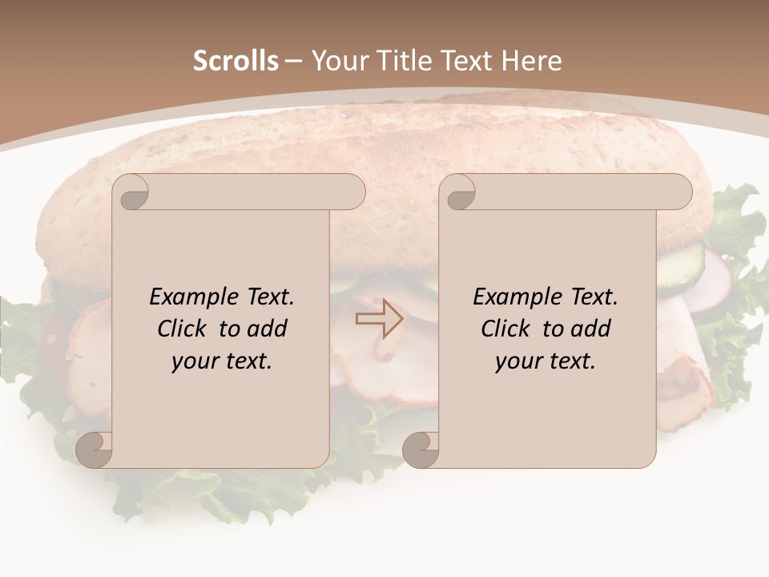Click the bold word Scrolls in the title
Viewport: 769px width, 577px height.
236,61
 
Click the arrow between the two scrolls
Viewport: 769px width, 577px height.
379,319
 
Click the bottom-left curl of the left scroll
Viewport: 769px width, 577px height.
95,450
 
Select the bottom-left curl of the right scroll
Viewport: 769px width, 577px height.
421,450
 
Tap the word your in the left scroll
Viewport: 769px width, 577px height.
195,361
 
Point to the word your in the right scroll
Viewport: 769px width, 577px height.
518,361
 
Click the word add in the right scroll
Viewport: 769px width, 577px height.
590,329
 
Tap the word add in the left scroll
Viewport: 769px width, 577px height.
267,329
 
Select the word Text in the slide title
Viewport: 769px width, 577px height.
466,61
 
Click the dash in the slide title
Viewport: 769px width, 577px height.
293,61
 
